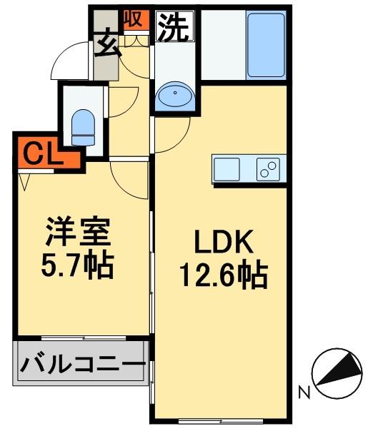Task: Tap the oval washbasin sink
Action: [173, 95]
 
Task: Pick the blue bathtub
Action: [266, 44]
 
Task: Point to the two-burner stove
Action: [269, 170]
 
